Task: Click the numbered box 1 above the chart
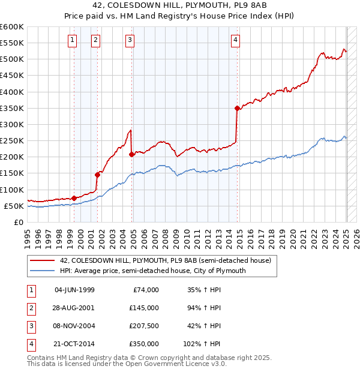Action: pos(72,40)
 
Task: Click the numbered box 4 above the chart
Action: pos(236,40)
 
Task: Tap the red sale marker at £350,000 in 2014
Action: pos(237,108)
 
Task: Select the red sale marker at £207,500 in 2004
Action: pos(131,154)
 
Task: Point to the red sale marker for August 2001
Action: pos(97,175)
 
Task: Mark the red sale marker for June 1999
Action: pos(74,198)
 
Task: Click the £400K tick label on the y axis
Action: pos(12,92)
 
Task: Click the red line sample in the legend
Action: pos(42,260)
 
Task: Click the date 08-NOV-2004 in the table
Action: pos(74,326)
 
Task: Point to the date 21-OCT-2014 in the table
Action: pos(74,344)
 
